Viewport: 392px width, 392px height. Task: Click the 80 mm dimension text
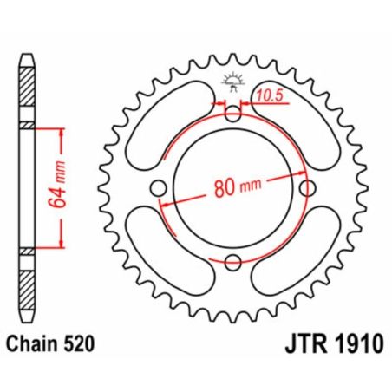pos(232,186)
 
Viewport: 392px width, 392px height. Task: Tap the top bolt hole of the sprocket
pos(232,113)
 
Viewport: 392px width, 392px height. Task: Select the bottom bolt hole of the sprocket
pos(232,263)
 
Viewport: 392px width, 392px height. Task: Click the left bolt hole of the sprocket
pos(158,188)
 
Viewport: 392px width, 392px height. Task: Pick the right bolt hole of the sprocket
pos(307,188)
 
